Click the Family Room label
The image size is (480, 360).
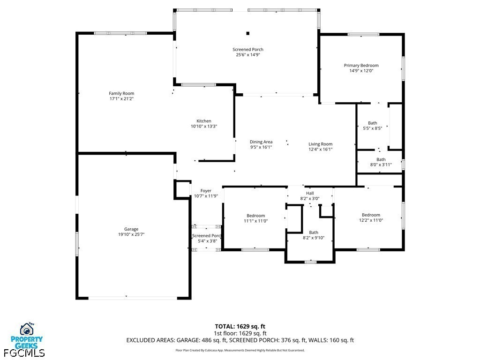coord(121,93)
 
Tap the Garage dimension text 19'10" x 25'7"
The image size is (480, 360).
coord(131,234)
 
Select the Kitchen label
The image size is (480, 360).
coord(204,121)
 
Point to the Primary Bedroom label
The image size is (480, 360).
coord(361,66)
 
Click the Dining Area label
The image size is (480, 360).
coord(261,142)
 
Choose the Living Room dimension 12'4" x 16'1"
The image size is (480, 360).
coord(321,150)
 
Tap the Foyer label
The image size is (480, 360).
coord(206,191)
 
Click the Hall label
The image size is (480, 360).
coord(310,193)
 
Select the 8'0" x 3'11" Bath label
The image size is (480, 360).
coord(381,159)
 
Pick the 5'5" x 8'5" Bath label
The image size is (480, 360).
coord(373,123)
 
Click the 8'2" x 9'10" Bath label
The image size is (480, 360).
coord(314,232)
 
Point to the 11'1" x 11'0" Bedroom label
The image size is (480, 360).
coord(256,216)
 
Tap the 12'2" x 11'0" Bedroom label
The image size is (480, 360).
coord(371,215)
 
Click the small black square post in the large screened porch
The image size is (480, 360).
coord(248,33)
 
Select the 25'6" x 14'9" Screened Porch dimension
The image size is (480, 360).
coord(248,55)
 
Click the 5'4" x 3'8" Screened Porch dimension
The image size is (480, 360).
coord(208,241)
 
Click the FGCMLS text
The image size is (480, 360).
coord(24,353)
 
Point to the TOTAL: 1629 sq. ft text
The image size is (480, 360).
coord(240,326)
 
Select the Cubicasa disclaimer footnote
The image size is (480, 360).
coord(240,350)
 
